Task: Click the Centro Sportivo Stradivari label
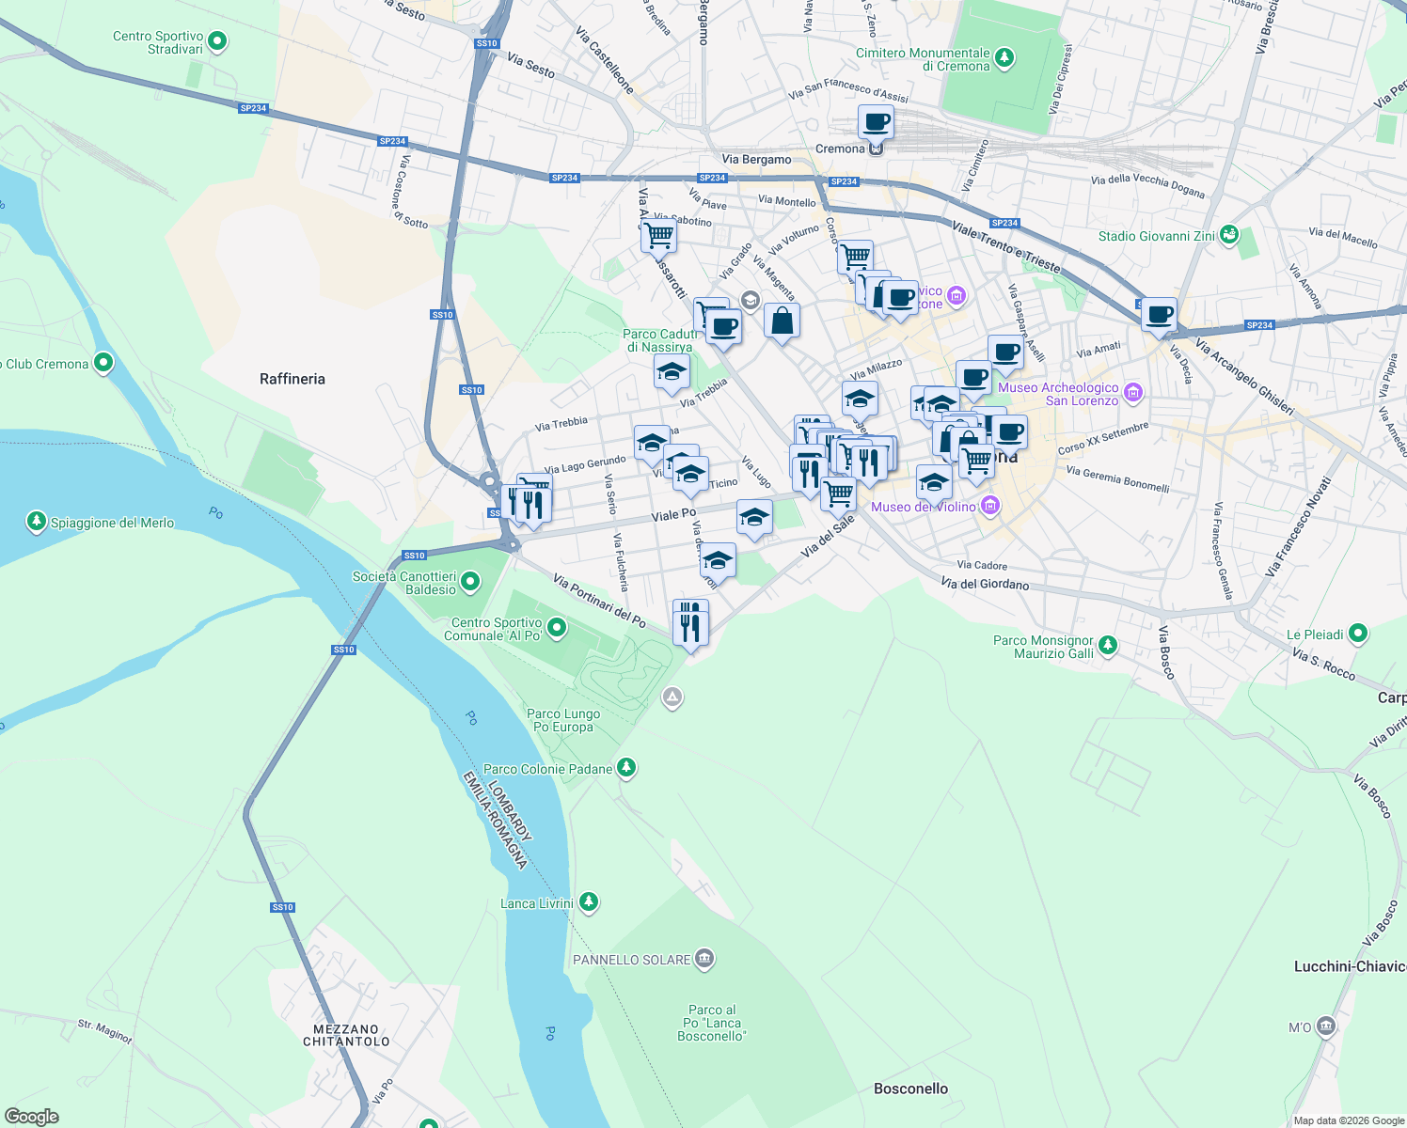pos(158,42)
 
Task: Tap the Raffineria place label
pos(292,379)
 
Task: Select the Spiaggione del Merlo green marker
pos(37,522)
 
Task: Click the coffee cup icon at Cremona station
pos(876,122)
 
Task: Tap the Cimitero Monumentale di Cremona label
pos(923,59)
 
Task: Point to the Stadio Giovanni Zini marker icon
pos(1228,235)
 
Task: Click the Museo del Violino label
pos(923,507)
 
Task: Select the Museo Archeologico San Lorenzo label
pos(1058,394)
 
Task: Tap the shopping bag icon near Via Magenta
pos(782,321)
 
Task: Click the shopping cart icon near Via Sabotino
pos(658,235)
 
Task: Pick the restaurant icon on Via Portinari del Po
pos(690,623)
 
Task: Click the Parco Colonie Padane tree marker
pos(625,768)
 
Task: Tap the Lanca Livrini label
pos(537,903)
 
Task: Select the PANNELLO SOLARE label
pos(632,960)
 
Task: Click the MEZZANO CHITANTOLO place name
pos(346,1035)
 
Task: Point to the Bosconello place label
pos(910,1089)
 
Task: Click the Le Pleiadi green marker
pos(1357,634)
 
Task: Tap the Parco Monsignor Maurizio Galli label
pos(1043,647)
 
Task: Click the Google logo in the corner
pos(32,1117)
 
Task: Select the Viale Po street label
pos(673,515)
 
